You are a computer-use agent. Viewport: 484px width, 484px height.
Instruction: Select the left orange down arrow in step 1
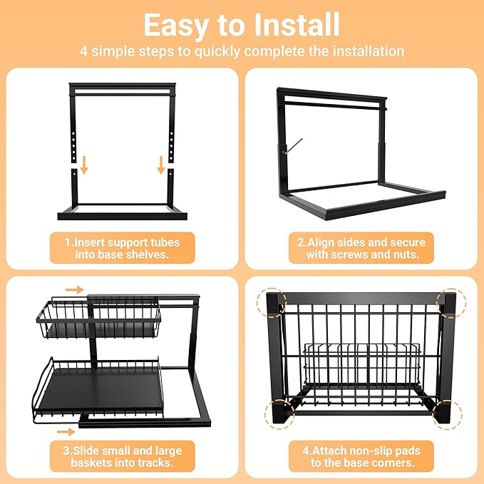tap(83, 165)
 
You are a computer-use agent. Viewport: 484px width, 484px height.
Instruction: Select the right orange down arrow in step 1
tap(161, 165)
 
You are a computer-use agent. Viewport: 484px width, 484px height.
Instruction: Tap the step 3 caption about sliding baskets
tap(121, 456)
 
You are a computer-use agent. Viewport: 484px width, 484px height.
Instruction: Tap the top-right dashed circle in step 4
tap(451, 303)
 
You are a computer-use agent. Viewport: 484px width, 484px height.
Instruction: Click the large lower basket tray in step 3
tap(100, 388)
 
